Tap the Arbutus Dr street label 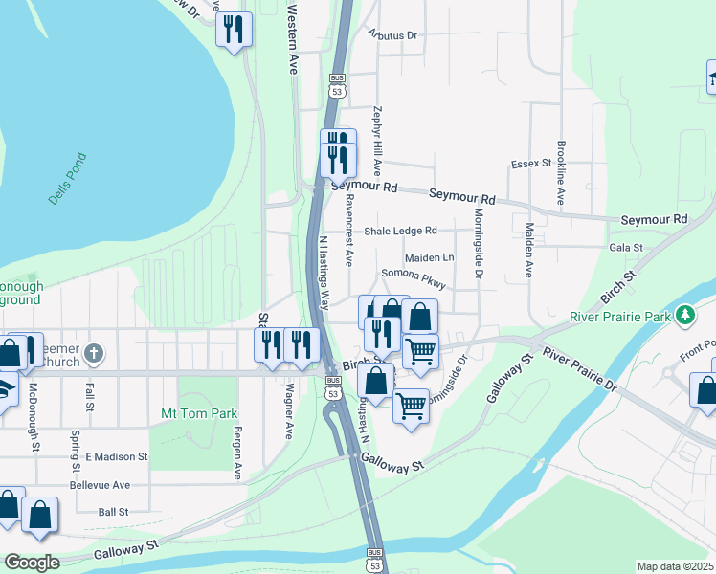(393, 35)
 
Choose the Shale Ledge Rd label (400, 231)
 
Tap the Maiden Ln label (429, 257)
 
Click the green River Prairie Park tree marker (684, 315)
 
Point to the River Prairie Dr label (580, 368)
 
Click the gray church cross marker (93, 354)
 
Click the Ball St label (114, 512)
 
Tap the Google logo (32, 563)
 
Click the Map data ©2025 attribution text (675, 566)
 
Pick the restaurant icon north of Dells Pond (234, 31)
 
